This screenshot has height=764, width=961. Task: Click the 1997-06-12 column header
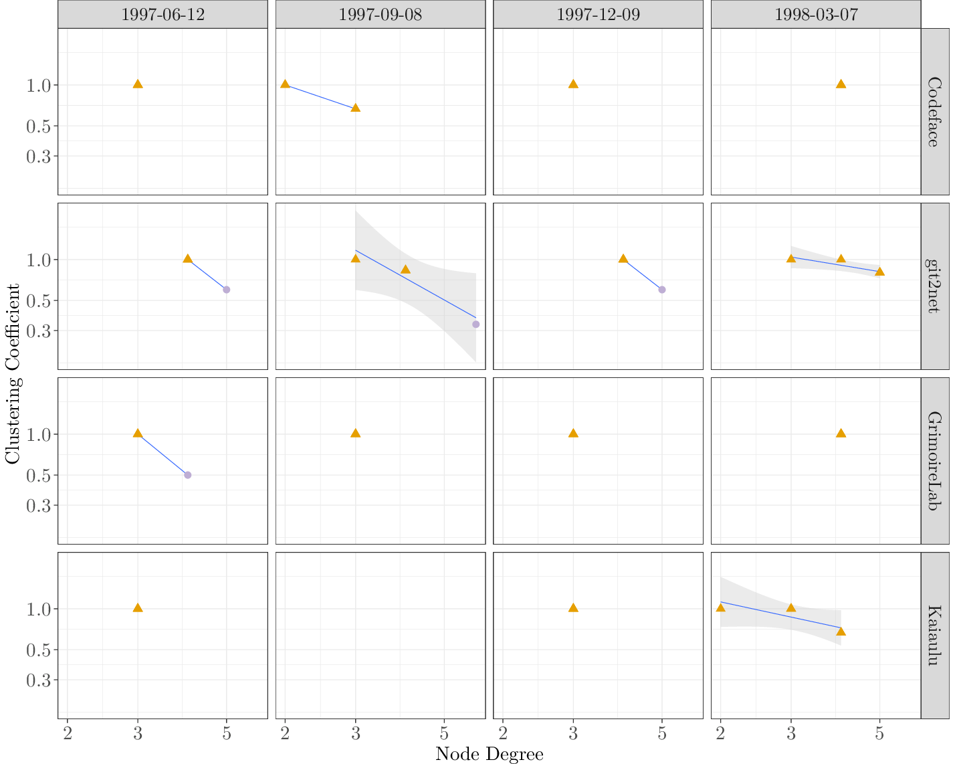click(163, 15)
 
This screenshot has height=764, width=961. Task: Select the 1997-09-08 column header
click(380, 15)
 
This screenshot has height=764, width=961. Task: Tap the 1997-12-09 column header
click(598, 15)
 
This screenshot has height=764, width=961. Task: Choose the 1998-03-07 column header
click(816, 15)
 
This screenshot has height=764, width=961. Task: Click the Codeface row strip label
click(935, 112)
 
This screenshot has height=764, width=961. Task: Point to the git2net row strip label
click(935, 286)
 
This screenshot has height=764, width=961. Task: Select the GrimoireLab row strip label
click(935, 461)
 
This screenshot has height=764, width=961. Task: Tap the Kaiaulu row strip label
click(935, 636)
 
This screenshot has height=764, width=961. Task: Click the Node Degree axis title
click(489, 754)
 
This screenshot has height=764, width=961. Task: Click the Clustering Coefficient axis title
click(13, 373)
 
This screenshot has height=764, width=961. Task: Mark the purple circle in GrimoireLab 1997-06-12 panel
click(187, 475)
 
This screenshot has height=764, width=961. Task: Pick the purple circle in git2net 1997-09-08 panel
click(475, 324)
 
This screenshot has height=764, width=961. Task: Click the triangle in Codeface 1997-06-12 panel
click(138, 84)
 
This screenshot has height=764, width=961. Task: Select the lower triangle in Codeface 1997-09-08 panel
click(356, 108)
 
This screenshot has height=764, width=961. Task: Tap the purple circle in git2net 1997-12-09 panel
click(662, 290)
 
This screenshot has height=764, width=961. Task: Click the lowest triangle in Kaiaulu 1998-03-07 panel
click(841, 632)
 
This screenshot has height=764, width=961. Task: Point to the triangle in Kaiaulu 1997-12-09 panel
click(573, 608)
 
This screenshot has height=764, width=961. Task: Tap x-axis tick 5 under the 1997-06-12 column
click(227, 734)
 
